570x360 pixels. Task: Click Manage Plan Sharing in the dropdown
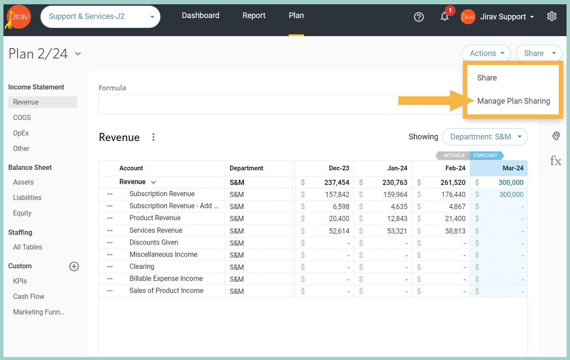pyautogui.click(x=514, y=101)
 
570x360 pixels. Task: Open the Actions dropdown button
pyautogui.click(x=486, y=53)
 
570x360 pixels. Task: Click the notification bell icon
pyautogui.click(x=444, y=17)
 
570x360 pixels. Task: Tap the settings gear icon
pyautogui.click(x=552, y=16)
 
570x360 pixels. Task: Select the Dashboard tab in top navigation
pyautogui.click(x=200, y=15)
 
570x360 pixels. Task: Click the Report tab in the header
pyautogui.click(x=254, y=15)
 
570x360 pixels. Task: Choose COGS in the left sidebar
pyautogui.click(x=22, y=117)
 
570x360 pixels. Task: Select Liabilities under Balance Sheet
pyautogui.click(x=27, y=198)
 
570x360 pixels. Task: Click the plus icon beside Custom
pyautogui.click(x=74, y=266)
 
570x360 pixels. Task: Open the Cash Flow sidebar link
pyautogui.click(x=29, y=296)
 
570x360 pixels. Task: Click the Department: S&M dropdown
pyautogui.click(x=485, y=137)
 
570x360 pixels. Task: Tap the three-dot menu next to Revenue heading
pyautogui.click(x=153, y=137)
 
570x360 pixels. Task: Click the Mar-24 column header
pyautogui.click(x=513, y=168)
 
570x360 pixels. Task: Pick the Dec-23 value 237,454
pyautogui.click(x=337, y=182)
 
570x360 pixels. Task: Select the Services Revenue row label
pyautogui.click(x=156, y=230)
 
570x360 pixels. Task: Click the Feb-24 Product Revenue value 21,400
pyautogui.click(x=455, y=218)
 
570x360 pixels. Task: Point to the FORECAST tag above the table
pyautogui.click(x=486, y=155)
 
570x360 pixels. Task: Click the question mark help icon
pyautogui.click(x=419, y=17)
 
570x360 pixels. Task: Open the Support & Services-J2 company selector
pyautogui.click(x=101, y=17)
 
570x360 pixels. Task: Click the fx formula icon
pyautogui.click(x=556, y=161)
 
